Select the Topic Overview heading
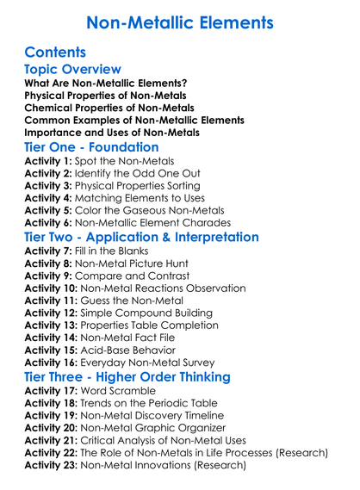[x=72, y=70]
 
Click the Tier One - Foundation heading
[x=92, y=148]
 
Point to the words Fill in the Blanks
[x=116, y=252]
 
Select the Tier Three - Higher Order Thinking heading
[x=127, y=378]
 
